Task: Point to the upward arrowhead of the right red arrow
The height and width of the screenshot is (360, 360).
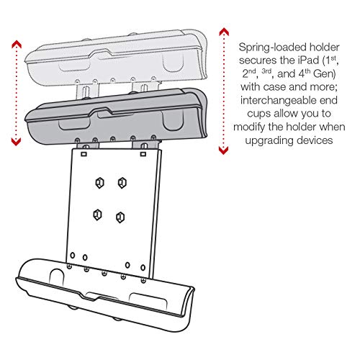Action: [224, 30]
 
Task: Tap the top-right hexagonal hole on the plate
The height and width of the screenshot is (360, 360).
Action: [120, 183]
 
